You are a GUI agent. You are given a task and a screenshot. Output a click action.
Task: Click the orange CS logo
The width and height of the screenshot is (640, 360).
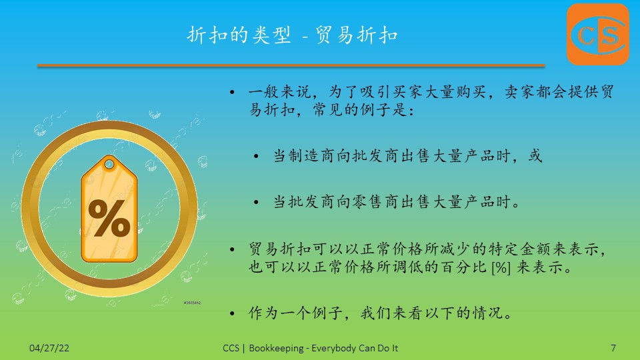tap(598, 34)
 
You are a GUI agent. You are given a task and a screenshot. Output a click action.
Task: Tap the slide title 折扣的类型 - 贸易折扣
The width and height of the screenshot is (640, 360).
tap(293, 35)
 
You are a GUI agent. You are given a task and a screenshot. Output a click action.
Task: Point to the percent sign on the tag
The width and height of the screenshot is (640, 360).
tap(109, 218)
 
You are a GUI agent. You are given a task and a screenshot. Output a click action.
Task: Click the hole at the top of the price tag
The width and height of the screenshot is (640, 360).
tap(109, 165)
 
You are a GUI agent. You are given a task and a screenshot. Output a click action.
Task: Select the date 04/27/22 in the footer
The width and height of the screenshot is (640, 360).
tap(49, 348)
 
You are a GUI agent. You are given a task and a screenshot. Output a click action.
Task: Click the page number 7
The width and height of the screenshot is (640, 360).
tap(613, 348)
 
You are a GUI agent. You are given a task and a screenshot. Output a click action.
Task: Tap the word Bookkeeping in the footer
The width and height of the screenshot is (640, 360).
tap(276, 348)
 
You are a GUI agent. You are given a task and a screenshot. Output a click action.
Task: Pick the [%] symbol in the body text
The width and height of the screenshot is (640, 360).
tap(501, 268)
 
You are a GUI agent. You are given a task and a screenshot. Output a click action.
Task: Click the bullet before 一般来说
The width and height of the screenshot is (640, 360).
tap(232, 92)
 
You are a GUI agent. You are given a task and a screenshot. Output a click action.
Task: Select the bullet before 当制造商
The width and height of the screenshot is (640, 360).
tap(256, 156)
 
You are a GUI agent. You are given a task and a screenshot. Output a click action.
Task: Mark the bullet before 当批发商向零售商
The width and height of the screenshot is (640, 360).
tap(256, 202)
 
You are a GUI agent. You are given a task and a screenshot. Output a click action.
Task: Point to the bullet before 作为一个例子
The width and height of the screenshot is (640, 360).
tap(232, 313)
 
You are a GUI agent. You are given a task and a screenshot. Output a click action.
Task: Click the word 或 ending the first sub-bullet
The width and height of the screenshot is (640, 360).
tap(535, 155)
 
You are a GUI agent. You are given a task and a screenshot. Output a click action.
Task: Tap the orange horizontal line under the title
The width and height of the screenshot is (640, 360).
tap(291, 65)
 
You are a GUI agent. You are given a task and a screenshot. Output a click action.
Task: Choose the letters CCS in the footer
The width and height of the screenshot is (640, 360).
tap(231, 348)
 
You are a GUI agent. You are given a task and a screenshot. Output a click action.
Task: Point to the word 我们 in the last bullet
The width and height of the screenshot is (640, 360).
tap(376, 313)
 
